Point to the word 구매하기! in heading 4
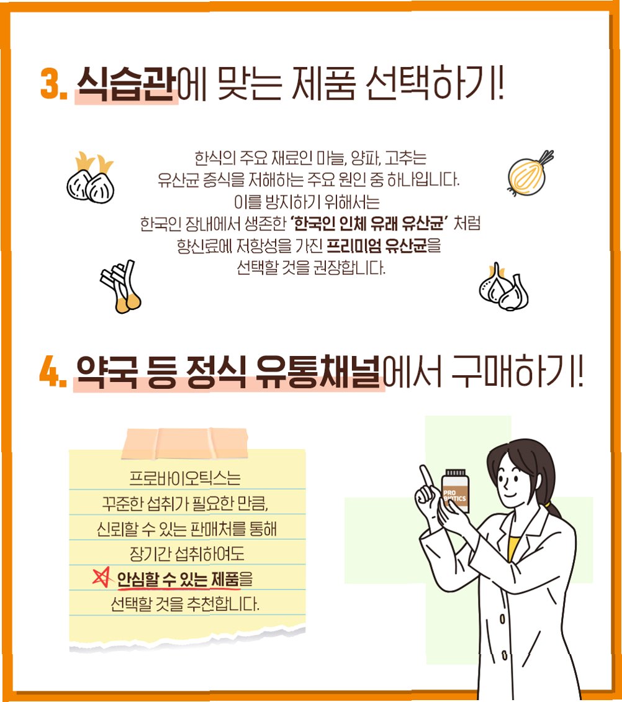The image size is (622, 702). click(518, 371)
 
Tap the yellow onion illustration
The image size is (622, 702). click(530, 173)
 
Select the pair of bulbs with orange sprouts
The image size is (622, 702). click(91, 178)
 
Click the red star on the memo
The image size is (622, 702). click(102, 577)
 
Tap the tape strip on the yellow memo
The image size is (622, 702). click(185, 443)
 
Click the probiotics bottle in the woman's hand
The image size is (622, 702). click(456, 490)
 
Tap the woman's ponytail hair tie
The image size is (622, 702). click(548, 504)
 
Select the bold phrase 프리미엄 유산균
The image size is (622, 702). click(377, 246)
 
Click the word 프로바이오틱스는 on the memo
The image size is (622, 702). click(185, 478)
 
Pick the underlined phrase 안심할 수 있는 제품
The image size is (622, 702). click(178, 580)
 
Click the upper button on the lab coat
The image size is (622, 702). click(502, 619)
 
